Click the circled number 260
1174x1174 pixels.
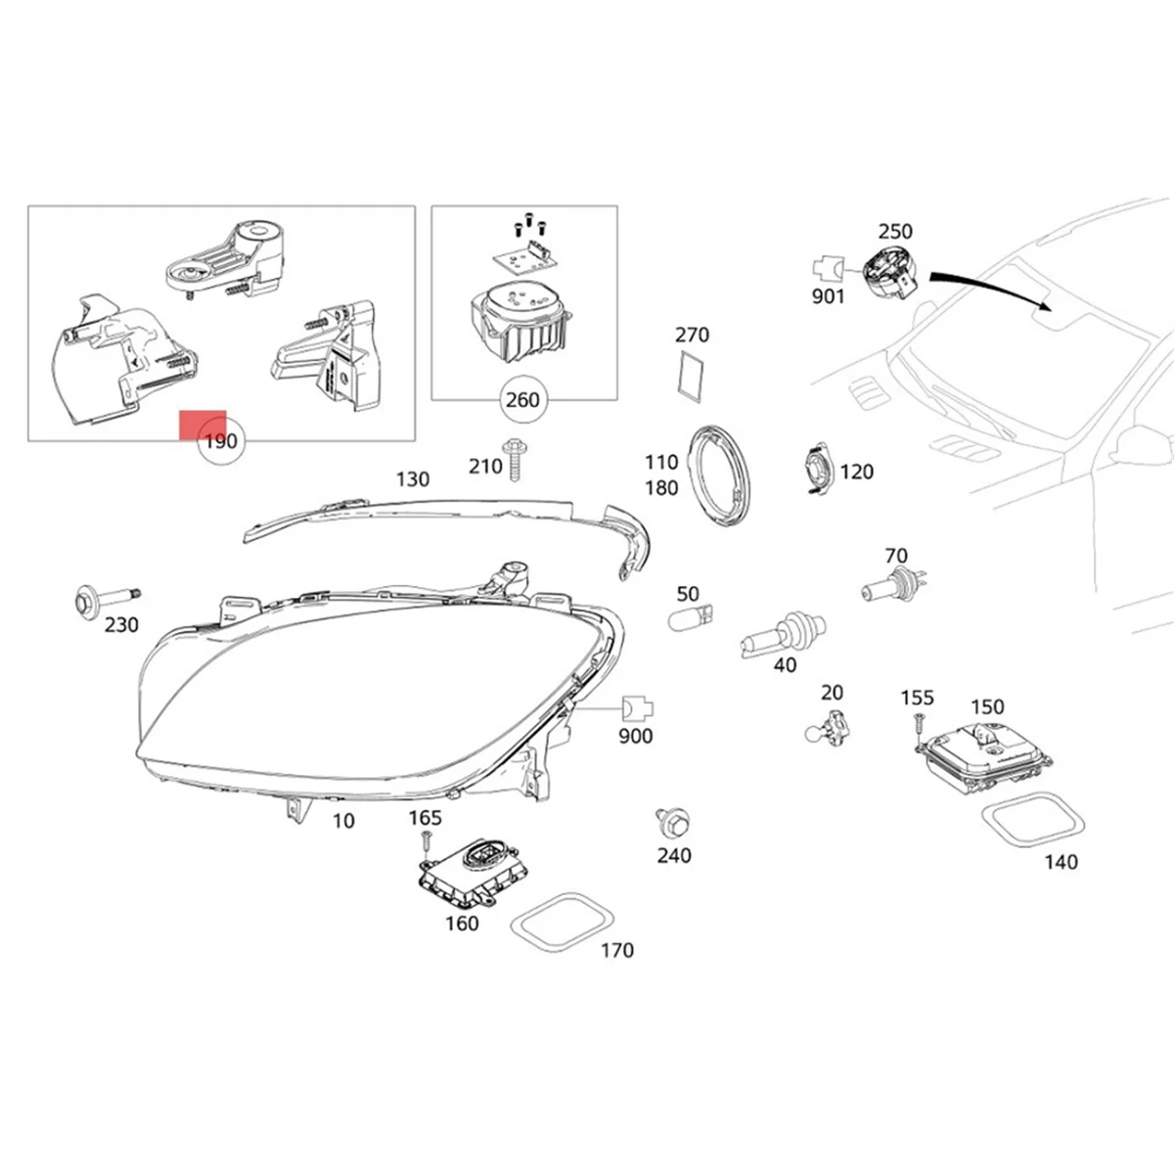522,400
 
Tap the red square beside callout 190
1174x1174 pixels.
203,425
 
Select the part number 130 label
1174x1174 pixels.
412,479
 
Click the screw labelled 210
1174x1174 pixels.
513,457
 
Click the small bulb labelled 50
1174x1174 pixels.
691,616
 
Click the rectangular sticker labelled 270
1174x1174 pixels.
691,376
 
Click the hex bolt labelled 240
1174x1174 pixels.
672,821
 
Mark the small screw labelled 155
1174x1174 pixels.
918,725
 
